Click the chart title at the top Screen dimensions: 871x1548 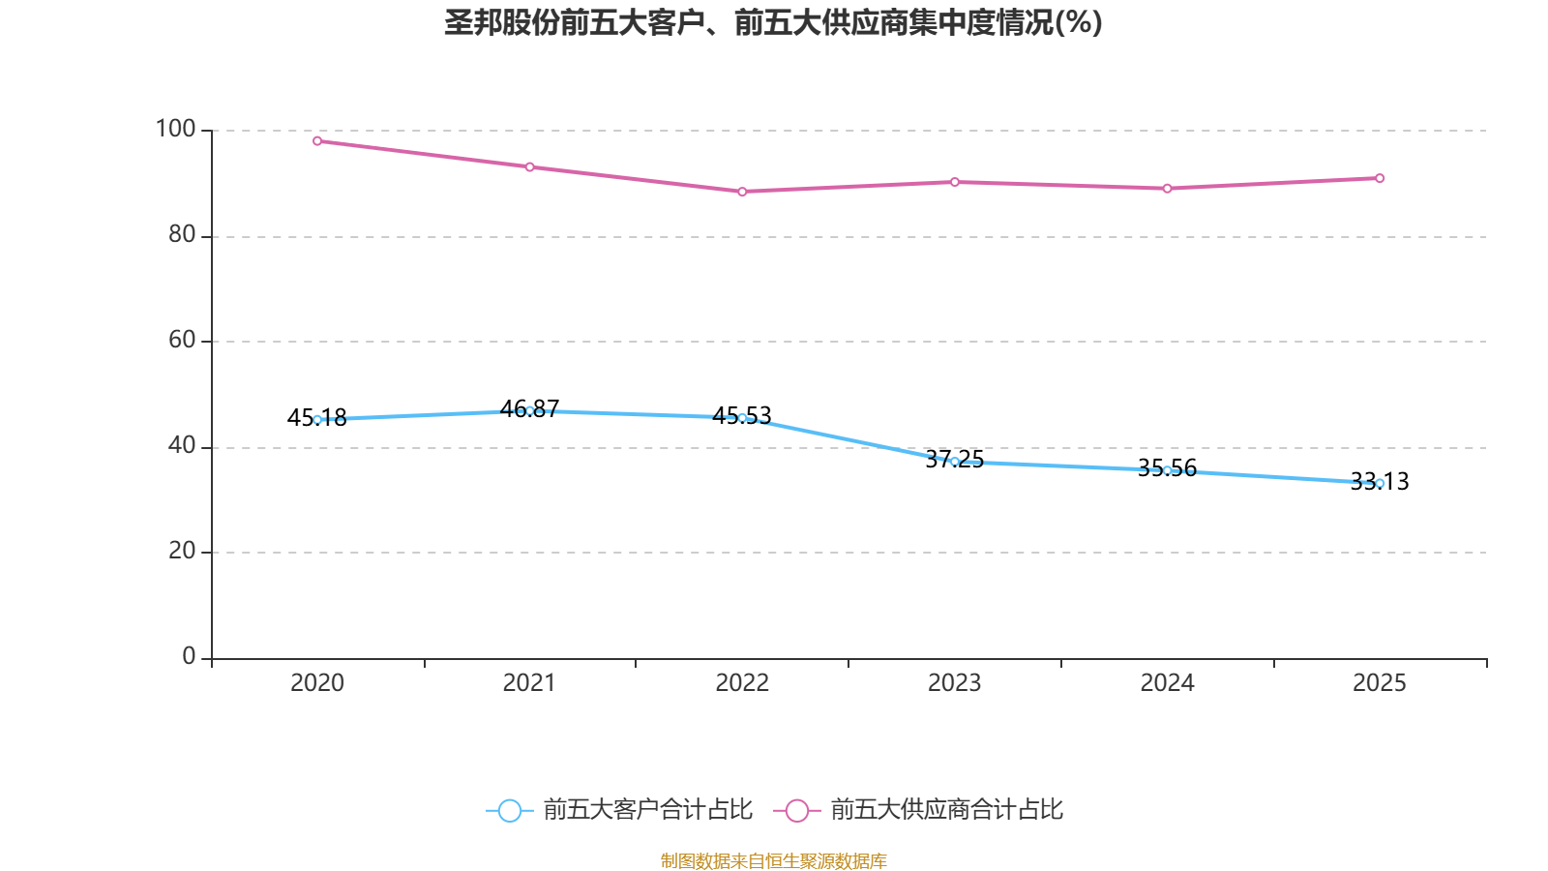(773, 22)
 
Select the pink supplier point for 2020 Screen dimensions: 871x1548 (317, 141)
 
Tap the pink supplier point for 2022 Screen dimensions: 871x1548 (742, 192)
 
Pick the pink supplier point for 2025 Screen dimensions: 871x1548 (1380, 178)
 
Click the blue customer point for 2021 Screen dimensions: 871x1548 (529, 411)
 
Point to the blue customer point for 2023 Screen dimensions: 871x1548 (955, 462)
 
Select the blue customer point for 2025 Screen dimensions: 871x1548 (1380, 483)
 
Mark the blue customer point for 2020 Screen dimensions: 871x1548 (317, 420)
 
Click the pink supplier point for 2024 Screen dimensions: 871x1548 (1167, 189)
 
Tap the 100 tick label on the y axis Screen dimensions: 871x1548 (175, 129)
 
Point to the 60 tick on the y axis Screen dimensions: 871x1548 (182, 340)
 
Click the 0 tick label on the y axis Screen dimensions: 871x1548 (189, 656)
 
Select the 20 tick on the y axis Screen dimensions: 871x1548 (182, 551)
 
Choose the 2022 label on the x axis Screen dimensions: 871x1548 (742, 683)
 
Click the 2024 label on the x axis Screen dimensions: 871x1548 (1167, 683)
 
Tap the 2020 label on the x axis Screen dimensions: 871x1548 (317, 683)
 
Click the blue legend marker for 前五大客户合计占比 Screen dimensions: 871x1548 (509, 810)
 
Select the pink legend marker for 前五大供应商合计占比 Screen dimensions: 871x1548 (796, 810)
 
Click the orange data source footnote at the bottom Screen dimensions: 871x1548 (773, 860)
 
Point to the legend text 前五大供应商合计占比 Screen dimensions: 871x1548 (946, 810)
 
